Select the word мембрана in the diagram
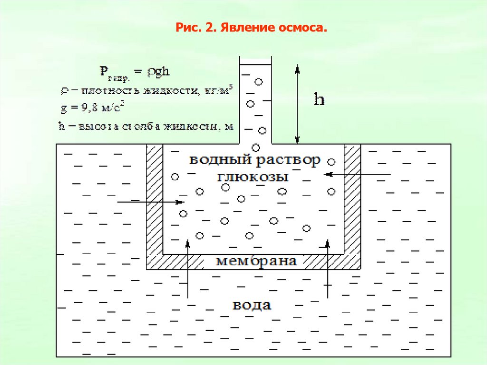(x=256, y=261)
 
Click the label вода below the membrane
(x=252, y=305)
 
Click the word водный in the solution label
(x=216, y=160)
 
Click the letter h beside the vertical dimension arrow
(x=319, y=99)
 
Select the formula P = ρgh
(x=135, y=73)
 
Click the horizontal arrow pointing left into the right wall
(x=357, y=175)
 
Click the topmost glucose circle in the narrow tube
(x=259, y=81)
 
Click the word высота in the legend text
(x=90, y=127)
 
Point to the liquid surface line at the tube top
(x=255, y=64)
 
